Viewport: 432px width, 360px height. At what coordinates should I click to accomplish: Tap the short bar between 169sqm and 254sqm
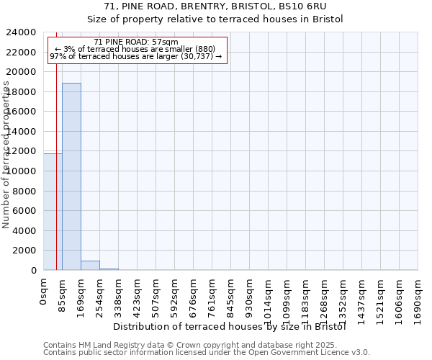pyautogui.click(x=90, y=265)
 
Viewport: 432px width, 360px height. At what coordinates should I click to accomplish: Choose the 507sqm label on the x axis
pyautogui.click(x=156, y=295)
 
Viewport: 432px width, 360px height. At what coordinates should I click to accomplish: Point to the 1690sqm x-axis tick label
pyautogui.click(x=418, y=298)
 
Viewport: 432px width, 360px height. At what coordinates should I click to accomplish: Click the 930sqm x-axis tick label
pyautogui.click(x=250, y=295)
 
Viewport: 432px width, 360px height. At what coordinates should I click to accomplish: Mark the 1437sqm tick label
pyautogui.click(x=362, y=298)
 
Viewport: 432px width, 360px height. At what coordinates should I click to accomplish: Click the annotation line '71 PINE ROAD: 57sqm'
pyautogui.click(x=136, y=42)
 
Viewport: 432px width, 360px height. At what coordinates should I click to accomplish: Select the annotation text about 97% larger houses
pyautogui.click(x=136, y=57)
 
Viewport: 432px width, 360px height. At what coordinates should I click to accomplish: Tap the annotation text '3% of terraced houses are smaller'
pyautogui.click(x=136, y=50)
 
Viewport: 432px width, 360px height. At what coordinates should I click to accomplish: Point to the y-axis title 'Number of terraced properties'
pyautogui.click(x=6, y=155)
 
